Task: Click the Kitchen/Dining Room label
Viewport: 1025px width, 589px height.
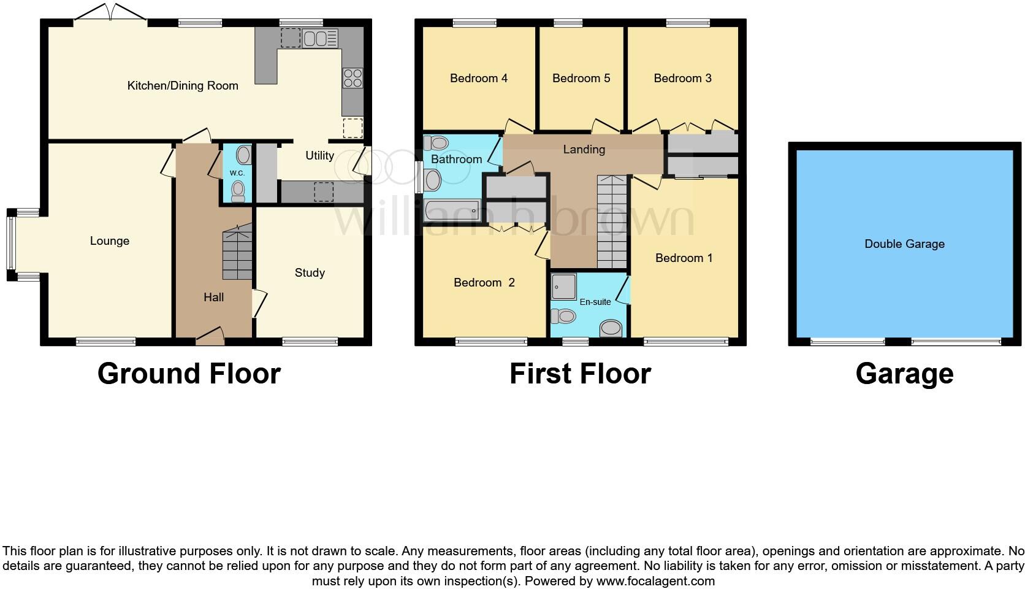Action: coord(183,86)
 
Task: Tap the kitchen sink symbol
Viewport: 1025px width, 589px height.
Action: coord(319,39)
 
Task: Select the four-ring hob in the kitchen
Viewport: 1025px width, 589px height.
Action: coord(352,78)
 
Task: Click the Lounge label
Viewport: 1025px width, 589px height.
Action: coord(110,241)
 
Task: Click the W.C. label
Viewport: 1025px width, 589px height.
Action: coord(237,174)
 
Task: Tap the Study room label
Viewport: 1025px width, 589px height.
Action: coord(310,273)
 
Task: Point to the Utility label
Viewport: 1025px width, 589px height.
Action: coord(319,156)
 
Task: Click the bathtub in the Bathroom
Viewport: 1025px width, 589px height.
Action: coord(452,210)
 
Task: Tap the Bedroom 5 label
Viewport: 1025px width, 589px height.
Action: coord(581,79)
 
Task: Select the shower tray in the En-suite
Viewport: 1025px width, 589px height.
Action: coord(563,286)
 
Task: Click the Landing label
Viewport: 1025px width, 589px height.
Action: coord(584,149)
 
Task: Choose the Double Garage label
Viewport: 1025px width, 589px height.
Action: coord(904,244)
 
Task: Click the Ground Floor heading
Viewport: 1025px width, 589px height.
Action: coord(189,374)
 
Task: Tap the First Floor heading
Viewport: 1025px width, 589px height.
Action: coord(580,374)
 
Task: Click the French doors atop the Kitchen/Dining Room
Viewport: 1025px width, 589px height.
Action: coord(110,13)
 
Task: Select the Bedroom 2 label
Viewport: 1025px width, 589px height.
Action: coord(484,283)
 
